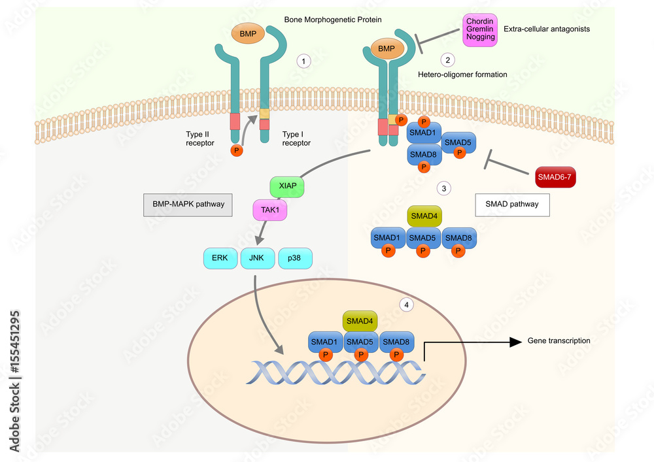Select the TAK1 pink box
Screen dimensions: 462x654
click(271, 210)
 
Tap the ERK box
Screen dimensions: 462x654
click(220, 258)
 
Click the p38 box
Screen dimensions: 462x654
click(295, 258)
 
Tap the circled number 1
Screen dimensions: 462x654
click(303, 61)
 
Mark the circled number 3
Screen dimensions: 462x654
click(444, 189)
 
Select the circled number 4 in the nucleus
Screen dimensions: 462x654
click(407, 305)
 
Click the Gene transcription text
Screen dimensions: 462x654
click(559, 341)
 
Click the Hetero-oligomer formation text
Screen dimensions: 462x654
click(462, 74)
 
